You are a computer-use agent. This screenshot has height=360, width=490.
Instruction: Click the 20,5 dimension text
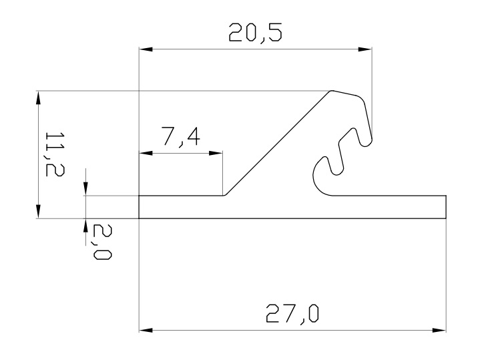255,33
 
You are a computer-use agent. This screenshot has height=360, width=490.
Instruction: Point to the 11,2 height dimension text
50,154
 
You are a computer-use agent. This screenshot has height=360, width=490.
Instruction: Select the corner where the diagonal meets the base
223,196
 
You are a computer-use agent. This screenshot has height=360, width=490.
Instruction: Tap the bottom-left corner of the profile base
139,218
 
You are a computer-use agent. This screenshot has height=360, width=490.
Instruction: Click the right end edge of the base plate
445,207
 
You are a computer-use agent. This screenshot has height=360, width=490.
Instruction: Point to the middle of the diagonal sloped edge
277,143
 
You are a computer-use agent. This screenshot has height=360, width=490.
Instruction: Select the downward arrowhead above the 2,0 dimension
86,190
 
